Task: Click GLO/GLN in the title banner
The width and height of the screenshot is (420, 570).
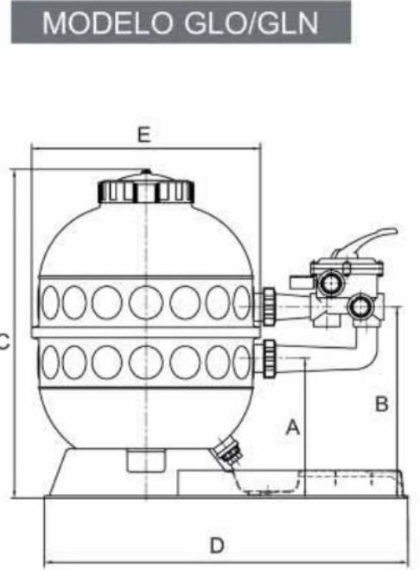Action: point(251,22)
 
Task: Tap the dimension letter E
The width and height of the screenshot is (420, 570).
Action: point(143,136)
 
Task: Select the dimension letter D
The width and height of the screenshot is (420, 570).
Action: point(217,545)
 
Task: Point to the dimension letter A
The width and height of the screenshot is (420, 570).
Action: point(293,427)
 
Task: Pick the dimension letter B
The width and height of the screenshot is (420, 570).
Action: point(381,403)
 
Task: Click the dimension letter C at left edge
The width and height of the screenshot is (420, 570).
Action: point(3,342)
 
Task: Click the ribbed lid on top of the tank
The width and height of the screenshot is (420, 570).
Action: point(147,189)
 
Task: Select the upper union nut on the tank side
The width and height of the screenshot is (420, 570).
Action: point(269,306)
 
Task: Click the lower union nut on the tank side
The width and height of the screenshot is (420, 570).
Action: point(269,358)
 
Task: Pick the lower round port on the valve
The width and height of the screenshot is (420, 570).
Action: point(360,306)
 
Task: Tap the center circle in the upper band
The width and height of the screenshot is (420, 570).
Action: point(146,302)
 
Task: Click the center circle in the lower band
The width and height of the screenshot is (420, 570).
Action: point(146,361)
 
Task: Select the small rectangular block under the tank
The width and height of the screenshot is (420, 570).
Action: point(145,460)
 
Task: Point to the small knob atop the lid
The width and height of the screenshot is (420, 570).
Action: point(146,171)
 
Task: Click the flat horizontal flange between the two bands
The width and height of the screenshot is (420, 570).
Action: point(146,332)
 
